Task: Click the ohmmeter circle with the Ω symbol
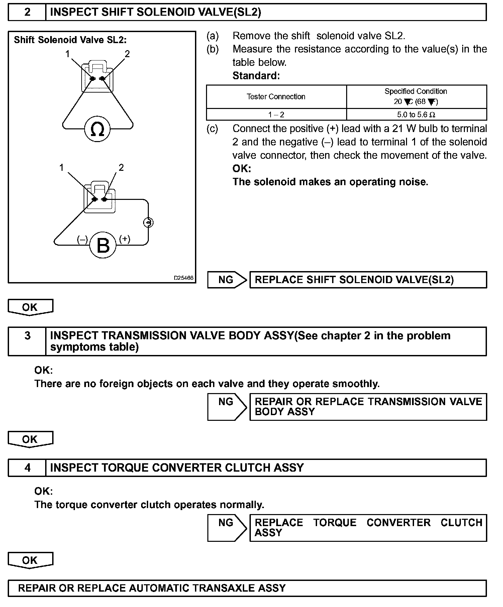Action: pyautogui.click(x=97, y=129)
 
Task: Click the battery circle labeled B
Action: pyautogui.click(x=103, y=245)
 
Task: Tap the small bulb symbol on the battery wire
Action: pyautogui.click(x=148, y=222)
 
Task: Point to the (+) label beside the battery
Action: pyautogui.click(x=125, y=239)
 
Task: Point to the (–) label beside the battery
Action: pyautogui.click(x=82, y=239)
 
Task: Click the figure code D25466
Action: pyautogui.click(x=183, y=278)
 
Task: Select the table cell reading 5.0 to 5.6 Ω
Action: pyautogui.click(x=416, y=115)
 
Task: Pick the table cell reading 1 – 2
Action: pyautogui.click(x=276, y=115)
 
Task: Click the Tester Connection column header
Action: pyautogui.click(x=276, y=97)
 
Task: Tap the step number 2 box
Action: pyautogui.click(x=27, y=12)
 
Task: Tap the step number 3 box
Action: pyautogui.click(x=27, y=336)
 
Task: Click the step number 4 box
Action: pyautogui.click(x=27, y=467)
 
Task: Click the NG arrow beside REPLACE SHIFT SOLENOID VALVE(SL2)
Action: pyautogui.click(x=227, y=280)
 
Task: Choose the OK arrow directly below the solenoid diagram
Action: pyautogui.click(x=30, y=307)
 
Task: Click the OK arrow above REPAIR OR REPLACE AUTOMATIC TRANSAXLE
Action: pyautogui.click(x=30, y=560)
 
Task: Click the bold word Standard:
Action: pyautogui.click(x=256, y=76)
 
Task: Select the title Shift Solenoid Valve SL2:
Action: pyautogui.click(x=70, y=40)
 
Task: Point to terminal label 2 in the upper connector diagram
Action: pyautogui.click(x=127, y=54)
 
